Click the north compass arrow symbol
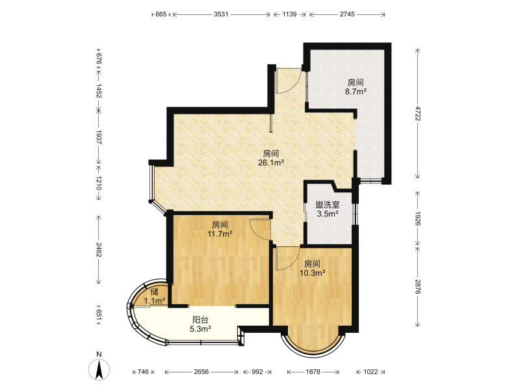click(99, 369)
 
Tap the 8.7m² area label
click(356, 92)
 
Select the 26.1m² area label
click(271, 162)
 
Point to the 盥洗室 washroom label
click(328, 205)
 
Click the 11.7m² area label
click(220, 234)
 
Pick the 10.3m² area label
click(312, 272)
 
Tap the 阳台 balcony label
click(201, 320)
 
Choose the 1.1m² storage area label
click(155, 300)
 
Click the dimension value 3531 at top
click(221, 14)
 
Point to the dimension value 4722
click(418, 113)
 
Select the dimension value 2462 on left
click(98, 250)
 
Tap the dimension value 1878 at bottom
click(313, 372)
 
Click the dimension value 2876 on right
click(418, 287)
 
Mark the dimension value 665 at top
click(161, 14)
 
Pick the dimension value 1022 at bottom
click(370, 372)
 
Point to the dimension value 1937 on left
click(98, 136)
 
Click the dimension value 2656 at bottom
click(201, 372)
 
